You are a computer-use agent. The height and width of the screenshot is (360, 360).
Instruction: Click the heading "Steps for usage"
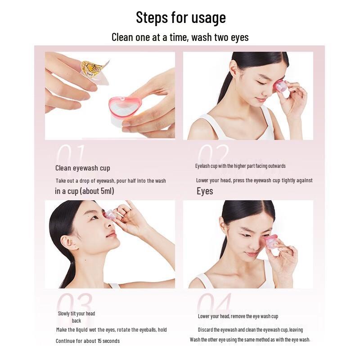point(180,18)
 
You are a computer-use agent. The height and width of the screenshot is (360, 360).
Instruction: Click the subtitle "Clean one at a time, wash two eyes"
point(180,37)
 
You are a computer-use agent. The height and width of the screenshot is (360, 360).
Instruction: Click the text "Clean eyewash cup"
point(82,168)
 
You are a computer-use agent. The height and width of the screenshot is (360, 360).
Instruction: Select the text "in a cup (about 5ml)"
point(84,191)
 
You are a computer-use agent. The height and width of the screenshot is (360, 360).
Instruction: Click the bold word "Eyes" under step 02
point(205,191)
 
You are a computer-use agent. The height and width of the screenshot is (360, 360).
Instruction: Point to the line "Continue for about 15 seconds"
point(88,341)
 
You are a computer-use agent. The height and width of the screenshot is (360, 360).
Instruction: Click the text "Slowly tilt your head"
point(76,314)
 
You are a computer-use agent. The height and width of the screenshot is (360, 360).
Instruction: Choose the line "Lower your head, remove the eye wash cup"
point(238,316)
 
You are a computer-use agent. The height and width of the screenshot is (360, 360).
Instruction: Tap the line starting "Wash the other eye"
point(250,340)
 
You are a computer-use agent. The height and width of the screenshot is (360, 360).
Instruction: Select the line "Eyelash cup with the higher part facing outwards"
point(240,166)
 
